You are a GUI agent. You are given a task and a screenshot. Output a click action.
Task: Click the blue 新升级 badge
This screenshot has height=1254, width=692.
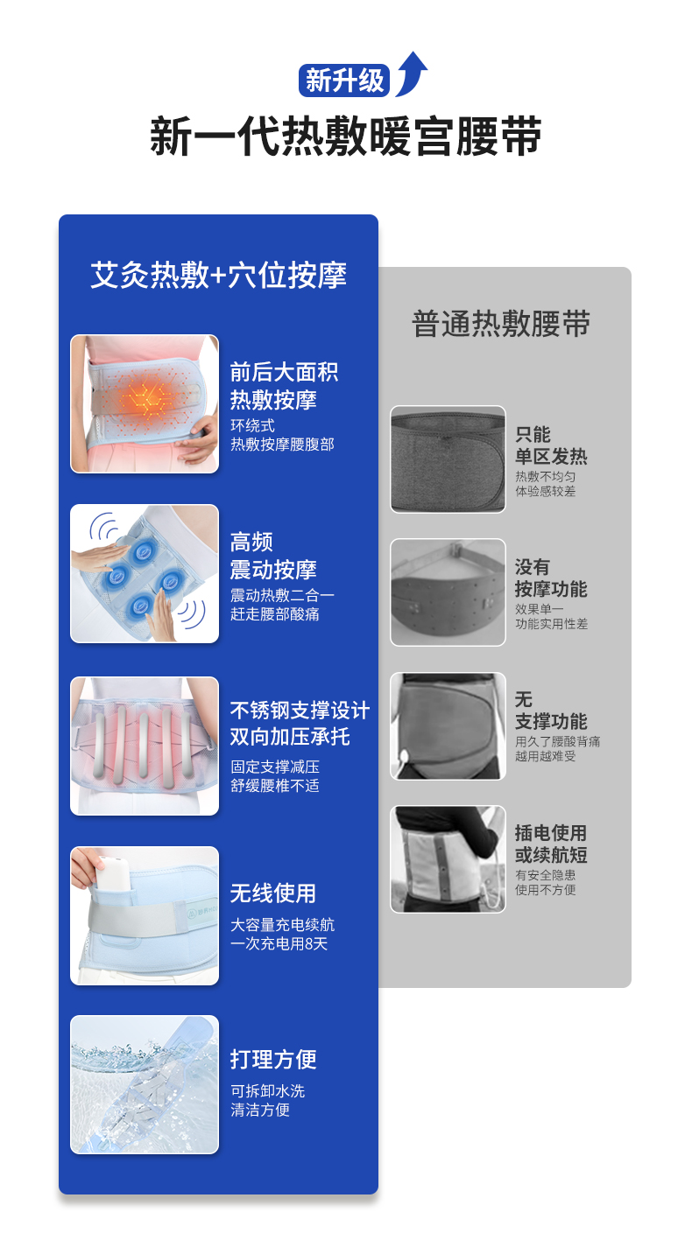(344, 81)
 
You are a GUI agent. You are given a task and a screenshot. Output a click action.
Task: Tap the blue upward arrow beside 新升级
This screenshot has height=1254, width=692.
(412, 73)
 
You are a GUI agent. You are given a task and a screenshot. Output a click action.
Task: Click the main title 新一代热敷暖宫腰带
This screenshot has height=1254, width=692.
(346, 136)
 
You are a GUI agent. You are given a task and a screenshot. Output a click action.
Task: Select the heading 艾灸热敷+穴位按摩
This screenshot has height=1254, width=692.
(218, 275)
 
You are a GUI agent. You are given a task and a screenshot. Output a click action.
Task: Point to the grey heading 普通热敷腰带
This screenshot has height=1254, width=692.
(502, 324)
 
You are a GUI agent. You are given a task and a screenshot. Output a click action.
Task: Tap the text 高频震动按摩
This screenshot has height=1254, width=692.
(273, 556)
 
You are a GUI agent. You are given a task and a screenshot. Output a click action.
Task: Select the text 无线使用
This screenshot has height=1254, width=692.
(273, 893)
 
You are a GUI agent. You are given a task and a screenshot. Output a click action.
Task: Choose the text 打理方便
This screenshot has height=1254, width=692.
(273, 1059)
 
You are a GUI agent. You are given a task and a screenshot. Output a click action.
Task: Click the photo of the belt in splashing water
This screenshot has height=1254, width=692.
(145, 1084)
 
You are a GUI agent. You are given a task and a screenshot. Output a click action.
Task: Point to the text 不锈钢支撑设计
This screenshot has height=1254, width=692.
(300, 710)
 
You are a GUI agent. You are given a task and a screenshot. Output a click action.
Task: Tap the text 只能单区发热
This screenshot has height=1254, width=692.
(551, 445)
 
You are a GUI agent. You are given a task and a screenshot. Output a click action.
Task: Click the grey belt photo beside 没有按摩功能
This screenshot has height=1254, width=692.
(448, 592)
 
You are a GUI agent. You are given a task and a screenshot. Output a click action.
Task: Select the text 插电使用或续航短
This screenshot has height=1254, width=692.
(551, 844)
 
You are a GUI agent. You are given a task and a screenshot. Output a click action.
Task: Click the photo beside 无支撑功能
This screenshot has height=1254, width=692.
(448, 726)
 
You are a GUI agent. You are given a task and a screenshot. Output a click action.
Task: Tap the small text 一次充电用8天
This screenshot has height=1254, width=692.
(279, 944)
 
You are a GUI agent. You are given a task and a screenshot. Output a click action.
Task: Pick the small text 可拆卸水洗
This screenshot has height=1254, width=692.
(268, 1090)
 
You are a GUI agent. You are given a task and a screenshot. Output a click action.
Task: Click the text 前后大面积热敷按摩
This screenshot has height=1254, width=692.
(284, 386)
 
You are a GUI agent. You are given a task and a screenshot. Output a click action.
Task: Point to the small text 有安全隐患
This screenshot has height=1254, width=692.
(545, 875)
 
